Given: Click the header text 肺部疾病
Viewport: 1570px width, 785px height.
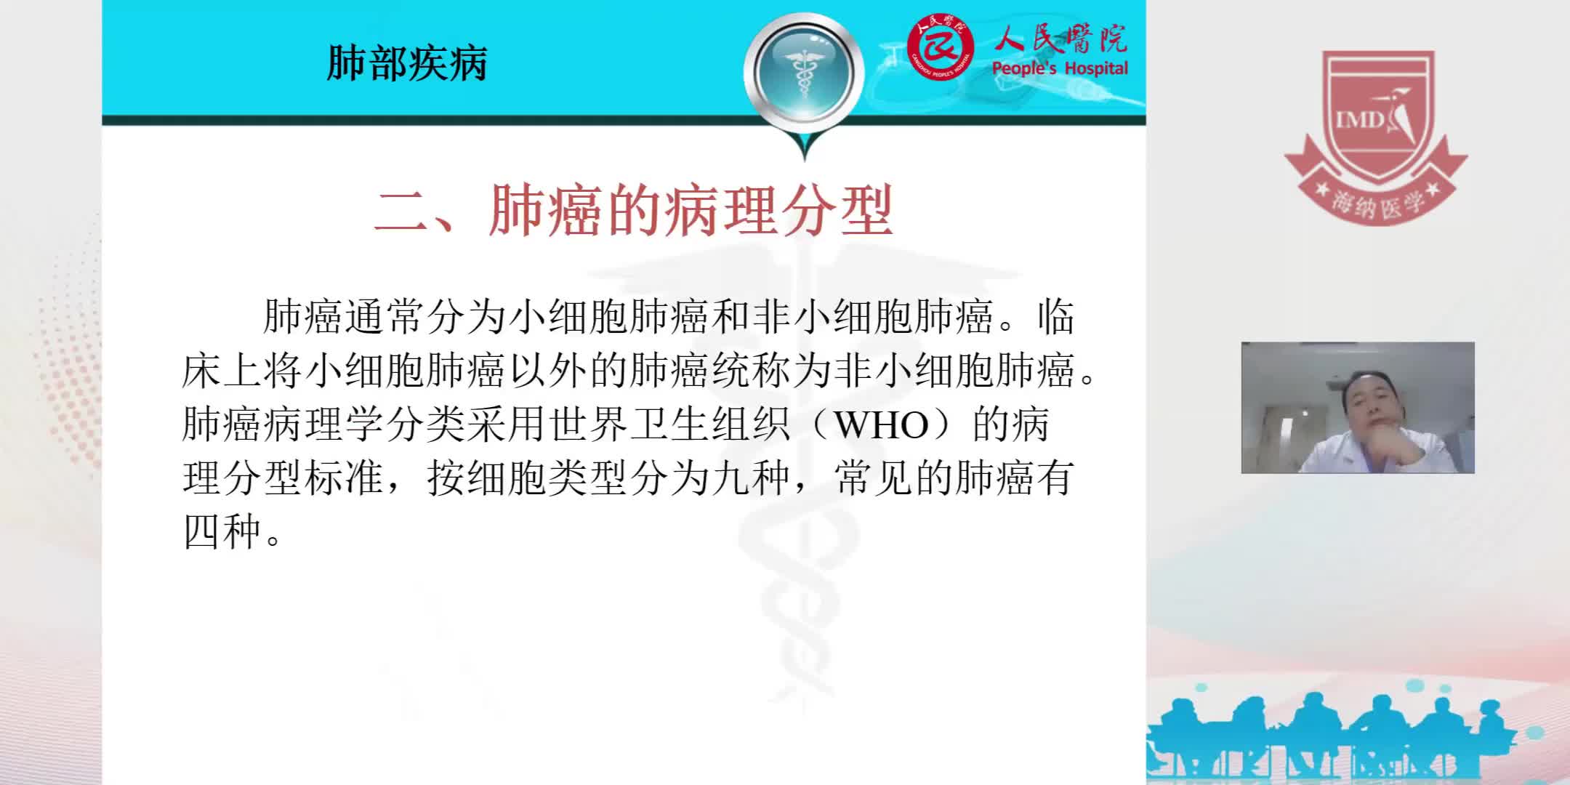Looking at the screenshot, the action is [x=407, y=63].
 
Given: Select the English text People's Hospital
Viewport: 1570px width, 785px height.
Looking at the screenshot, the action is [x=1060, y=68].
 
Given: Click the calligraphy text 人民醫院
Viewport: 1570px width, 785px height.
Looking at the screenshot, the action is [x=1060, y=39].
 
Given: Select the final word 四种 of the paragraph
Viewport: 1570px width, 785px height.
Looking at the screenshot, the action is [x=222, y=532].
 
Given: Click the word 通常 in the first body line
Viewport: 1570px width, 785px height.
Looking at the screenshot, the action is [x=385, y=318].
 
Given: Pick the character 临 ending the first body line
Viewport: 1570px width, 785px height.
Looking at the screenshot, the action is [x=1055, y=318].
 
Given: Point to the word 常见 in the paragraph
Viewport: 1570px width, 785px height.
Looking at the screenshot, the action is [x=871, y=478].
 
